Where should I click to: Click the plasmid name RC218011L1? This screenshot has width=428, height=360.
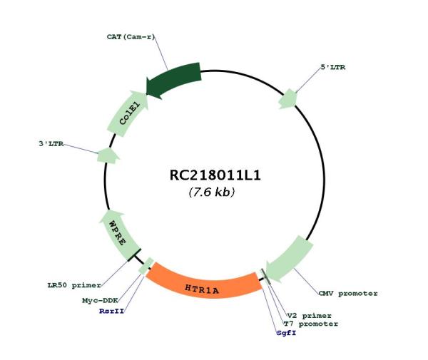[x=215, y=175]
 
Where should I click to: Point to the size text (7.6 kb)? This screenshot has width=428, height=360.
[x=212, y=192]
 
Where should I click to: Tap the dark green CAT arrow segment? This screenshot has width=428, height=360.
[x=175, y=80]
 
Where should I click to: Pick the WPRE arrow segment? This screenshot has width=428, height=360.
[x=118, y=235]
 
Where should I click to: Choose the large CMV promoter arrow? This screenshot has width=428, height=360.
[x=290, y=259]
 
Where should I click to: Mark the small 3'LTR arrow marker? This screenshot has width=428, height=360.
[x=108, y=155]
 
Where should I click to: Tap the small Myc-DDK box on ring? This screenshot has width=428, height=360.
[x=146, y=266]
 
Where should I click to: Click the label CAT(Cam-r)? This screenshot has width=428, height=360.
[x=131, y=36]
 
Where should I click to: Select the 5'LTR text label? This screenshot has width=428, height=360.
[x=332, y=67]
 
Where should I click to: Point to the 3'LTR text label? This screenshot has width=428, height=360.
[x=51, y=144]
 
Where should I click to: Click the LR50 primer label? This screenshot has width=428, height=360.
[x=74, y=286]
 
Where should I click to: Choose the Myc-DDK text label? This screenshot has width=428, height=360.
[x=100, y=301]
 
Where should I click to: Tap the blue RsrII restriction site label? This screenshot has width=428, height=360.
[x=112, y=311]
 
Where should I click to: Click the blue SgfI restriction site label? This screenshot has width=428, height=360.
[x=286, y=333]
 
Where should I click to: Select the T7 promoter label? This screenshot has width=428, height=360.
[x=311, y=324]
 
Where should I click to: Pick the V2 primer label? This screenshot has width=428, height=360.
[x=310, y=316]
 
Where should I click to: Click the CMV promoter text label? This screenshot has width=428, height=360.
[x=348, y=294]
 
